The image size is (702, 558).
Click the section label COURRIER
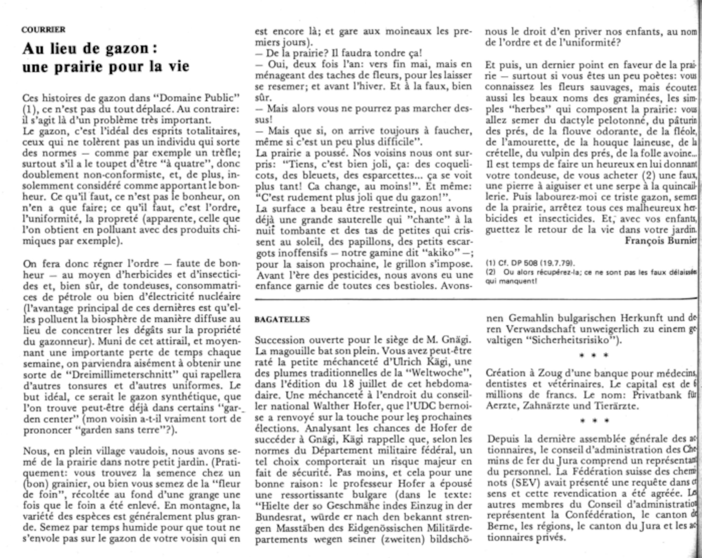pyautogui.click(x=44, y=29)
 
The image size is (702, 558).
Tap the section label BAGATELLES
pyautogui.click(x=282, y=320)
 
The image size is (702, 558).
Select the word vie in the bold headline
pyautogui.click(x=177, y=66)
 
